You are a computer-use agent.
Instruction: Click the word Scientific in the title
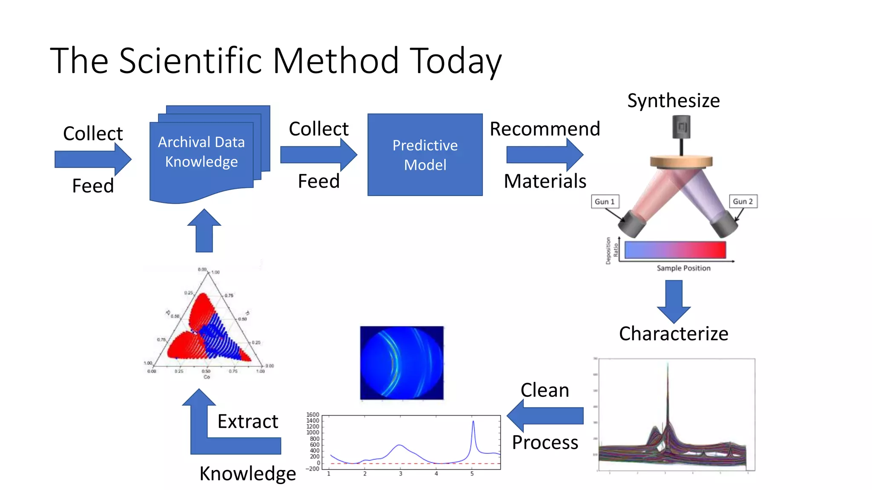[x=191, y=61]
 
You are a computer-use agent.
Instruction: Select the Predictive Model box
[x=425, y=155]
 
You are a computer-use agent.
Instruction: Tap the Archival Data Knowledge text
[x=201, y=152]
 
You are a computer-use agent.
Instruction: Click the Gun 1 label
[x=605, y=202]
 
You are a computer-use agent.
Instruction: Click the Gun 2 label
[x=743, y=202]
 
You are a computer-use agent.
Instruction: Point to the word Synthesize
[x=673, y=101]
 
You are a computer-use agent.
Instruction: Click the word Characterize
[x=673, y=333]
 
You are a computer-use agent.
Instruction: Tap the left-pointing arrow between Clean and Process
[x=545, y=416]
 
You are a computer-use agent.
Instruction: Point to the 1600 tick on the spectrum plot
[x=313, y=415]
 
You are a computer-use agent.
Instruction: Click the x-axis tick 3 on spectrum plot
[x=400, y=473]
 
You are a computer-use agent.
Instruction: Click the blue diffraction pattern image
[x=402, y=363]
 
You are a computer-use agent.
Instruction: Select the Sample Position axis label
[x=683, y=268]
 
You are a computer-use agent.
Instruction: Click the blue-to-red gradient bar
[x=675, y=250]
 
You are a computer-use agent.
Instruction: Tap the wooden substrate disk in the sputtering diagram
[x=681, y=162]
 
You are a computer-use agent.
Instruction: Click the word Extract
[x=247, y=422]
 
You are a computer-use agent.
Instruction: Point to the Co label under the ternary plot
[x=207, y=377]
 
